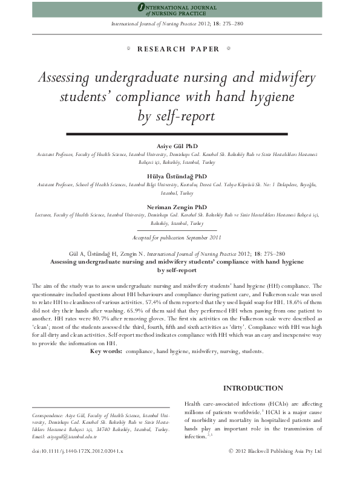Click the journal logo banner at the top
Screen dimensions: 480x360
[x=180, y=9]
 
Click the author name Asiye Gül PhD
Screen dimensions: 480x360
[x=180, y=147]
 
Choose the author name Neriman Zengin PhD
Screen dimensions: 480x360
[x=180, y=207]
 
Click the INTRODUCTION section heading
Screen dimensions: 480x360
[x=252, y=388]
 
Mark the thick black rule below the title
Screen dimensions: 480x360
[x=180, y=133]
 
